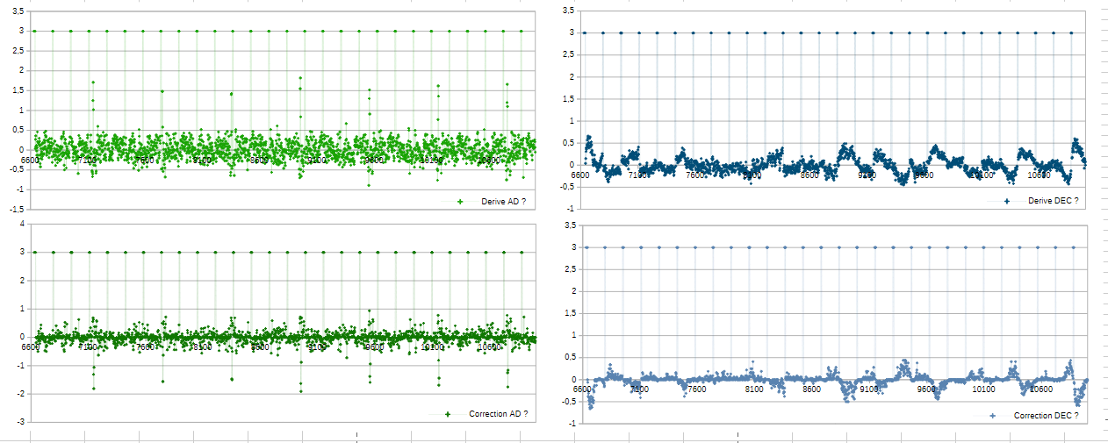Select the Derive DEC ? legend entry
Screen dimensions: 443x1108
(x=1052, y=202)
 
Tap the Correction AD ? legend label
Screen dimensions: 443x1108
(x=498, y=414)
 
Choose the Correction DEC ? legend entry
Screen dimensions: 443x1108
(x=1046, y=415)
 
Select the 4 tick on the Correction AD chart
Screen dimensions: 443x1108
(x=22, y=224)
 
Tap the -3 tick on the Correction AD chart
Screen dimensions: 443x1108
(x=20, y=422)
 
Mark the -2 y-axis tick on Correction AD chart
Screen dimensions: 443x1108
(x=20, y=394)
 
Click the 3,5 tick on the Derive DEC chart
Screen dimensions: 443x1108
(x=568, y=11)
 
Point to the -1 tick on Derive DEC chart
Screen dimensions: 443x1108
(x=570, y=209)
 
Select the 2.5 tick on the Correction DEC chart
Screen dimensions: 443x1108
(x=568, y=269)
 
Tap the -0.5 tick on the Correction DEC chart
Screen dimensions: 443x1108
(x=567, y=402)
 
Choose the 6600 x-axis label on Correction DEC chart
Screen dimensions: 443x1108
(x=582, y=389)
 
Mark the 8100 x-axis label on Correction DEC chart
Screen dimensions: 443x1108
(x=753, y=389)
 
